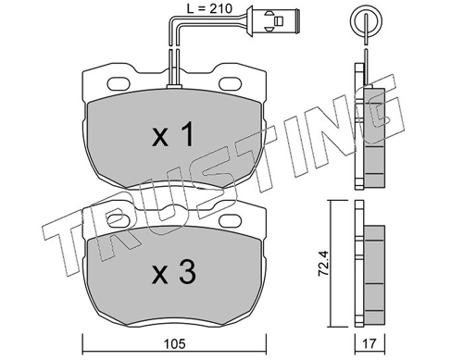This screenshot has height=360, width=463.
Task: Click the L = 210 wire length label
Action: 209,9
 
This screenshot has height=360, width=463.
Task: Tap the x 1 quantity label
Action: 173,134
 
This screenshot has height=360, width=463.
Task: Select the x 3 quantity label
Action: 174,272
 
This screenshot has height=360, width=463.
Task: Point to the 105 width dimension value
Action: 175,344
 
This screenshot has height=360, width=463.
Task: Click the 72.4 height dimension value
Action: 325,263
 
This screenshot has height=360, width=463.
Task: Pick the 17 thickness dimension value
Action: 369,344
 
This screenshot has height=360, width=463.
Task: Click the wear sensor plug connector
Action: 271,20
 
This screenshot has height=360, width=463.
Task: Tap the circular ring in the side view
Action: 367,20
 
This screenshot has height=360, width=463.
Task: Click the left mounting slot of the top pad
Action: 119,83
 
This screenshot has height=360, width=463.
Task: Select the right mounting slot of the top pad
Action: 231,83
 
